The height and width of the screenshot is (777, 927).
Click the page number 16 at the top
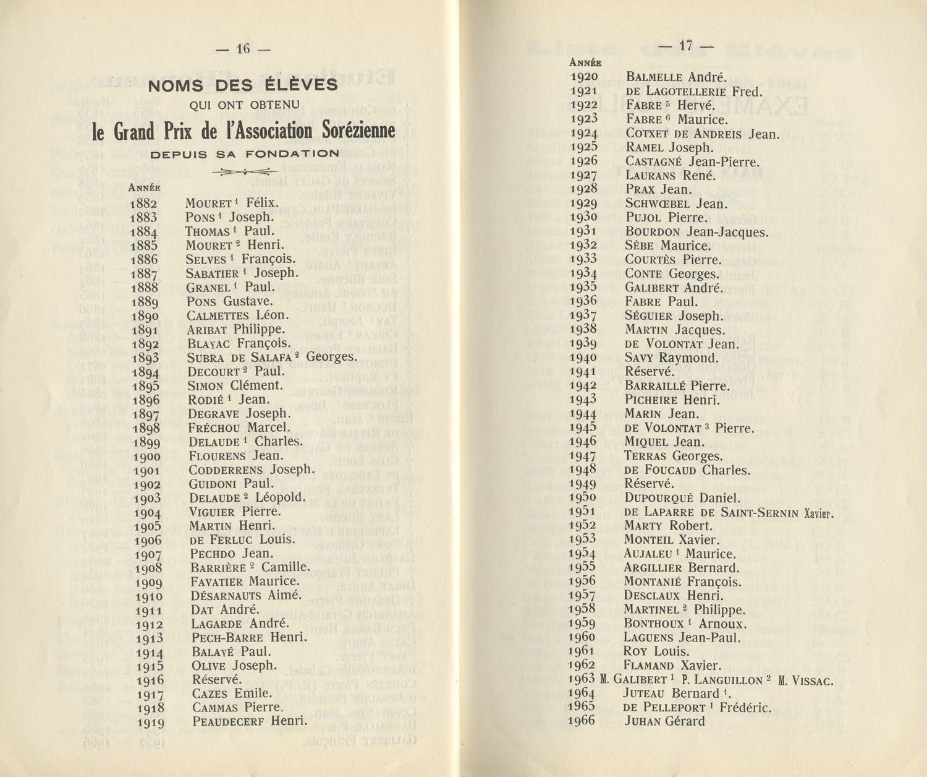click(x=243, y=48)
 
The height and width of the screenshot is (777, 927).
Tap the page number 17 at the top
click(x=685, y=45)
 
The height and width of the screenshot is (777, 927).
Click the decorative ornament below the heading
click(x=245, y=172)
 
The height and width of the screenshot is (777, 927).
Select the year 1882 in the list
click(x=143, y=204)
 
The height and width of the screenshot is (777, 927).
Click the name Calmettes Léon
click(x=238, y=316)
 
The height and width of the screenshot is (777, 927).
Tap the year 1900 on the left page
click(x=147, y=457)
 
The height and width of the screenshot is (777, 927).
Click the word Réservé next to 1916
click(x=216, y=679)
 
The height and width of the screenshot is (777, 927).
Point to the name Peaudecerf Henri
click(x=250, y=721)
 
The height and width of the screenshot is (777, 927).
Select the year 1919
click(x=150, y=722)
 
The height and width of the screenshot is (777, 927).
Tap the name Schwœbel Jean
click(x=677, y=204)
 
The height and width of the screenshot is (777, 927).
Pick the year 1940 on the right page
click(x=583, y=358)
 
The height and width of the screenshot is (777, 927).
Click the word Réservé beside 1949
click(x=649, y=484)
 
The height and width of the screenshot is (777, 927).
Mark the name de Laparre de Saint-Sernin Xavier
click(x=729, y=512)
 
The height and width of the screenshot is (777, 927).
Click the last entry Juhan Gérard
click(x=664, y=721)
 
